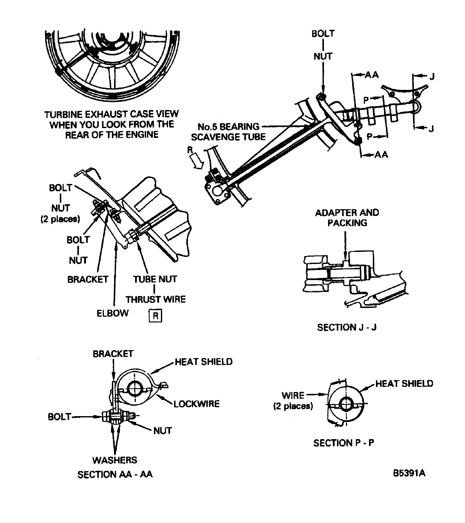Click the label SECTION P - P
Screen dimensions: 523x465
344,443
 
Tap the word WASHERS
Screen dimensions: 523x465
115,460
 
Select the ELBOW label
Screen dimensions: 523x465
112,313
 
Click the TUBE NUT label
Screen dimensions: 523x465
155,279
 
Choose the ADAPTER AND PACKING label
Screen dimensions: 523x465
347,218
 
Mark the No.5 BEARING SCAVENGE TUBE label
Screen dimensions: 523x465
228,132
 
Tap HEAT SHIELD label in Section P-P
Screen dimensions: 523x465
404,384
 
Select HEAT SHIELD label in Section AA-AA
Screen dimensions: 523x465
204,362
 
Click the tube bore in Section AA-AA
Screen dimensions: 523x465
135,389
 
